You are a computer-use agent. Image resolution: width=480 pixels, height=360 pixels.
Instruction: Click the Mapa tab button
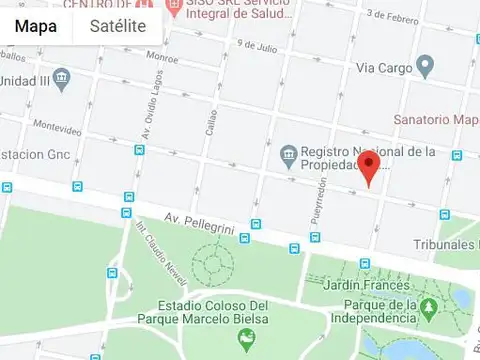tap(36, 26)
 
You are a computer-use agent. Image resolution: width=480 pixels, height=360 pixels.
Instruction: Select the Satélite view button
tap(117, 26)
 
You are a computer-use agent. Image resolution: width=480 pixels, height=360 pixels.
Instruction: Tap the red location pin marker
tap(369, 168)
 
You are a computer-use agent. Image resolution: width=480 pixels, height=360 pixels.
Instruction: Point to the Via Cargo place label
tap(384, 68)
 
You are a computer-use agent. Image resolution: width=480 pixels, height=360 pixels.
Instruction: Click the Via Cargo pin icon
tap(425, 67)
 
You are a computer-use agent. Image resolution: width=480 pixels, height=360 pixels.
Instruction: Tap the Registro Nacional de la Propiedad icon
tap(288, 154)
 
